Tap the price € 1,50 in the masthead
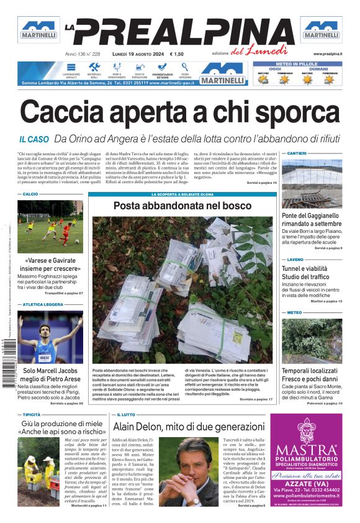click(x=176, y=54)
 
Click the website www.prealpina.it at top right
click(x=328, y=54)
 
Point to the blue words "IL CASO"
click(x=34, y=140)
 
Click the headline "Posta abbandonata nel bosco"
click(x=182, y=205)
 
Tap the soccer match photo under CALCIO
click(x=50, y=227)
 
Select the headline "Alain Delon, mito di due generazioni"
click(x=188, y=427)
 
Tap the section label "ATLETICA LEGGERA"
click(x=43, y=305)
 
